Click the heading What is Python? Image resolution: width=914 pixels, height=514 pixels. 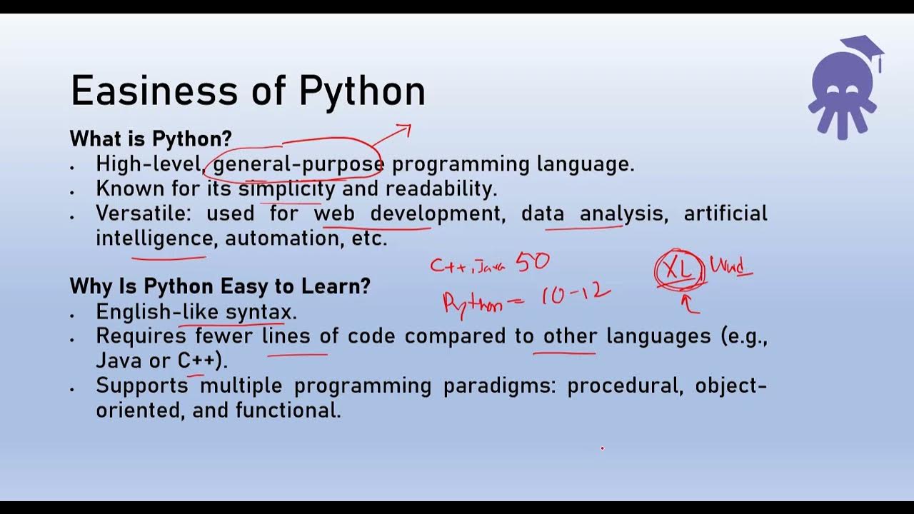point(151,138)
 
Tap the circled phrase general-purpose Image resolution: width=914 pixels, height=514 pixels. point(298,164)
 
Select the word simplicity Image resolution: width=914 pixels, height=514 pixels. point(286,189)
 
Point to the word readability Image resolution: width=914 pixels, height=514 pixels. point(441,189)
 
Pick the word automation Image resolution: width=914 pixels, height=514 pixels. point(283,238)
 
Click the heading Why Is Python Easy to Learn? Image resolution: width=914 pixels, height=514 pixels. point(220,286)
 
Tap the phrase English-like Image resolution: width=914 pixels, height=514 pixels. point(157,312)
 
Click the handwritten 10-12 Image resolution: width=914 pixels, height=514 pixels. point(576,293)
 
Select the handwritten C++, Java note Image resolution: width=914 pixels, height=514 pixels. point(468,266)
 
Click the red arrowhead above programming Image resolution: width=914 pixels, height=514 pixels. point(404,129)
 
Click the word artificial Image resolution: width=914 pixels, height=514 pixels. point(725,213)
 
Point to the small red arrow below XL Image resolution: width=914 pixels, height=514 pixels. point(689,305)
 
